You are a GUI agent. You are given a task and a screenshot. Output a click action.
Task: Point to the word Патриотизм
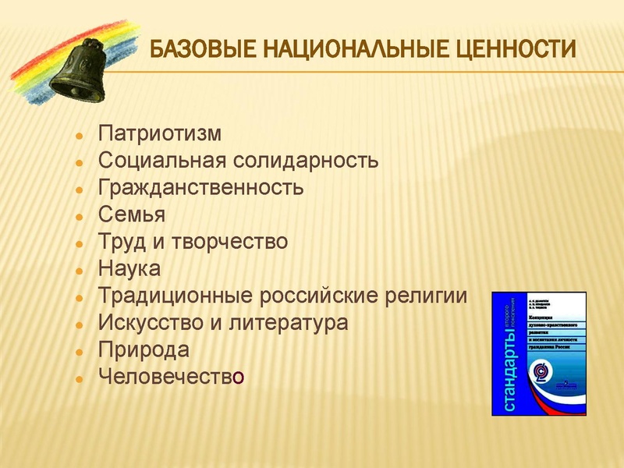click(x=160, y=133)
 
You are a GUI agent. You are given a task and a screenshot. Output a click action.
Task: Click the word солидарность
click(x=306, y=161)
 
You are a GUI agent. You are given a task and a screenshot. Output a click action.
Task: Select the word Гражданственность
click(x=200, y=188)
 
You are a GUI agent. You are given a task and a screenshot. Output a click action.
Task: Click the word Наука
click(x=129, y=269)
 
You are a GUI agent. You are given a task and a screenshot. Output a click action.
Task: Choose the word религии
click(x=424, y=296)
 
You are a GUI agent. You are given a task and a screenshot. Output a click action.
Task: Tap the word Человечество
click(x=172, y=377)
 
